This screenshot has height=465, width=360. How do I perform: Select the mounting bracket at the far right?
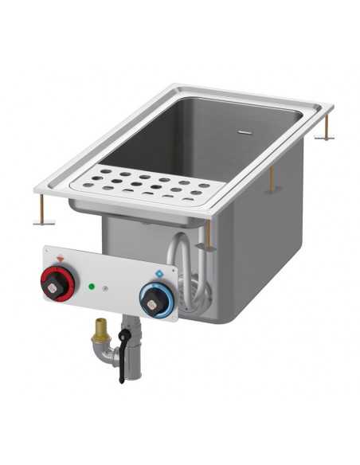tap(324, 133)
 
